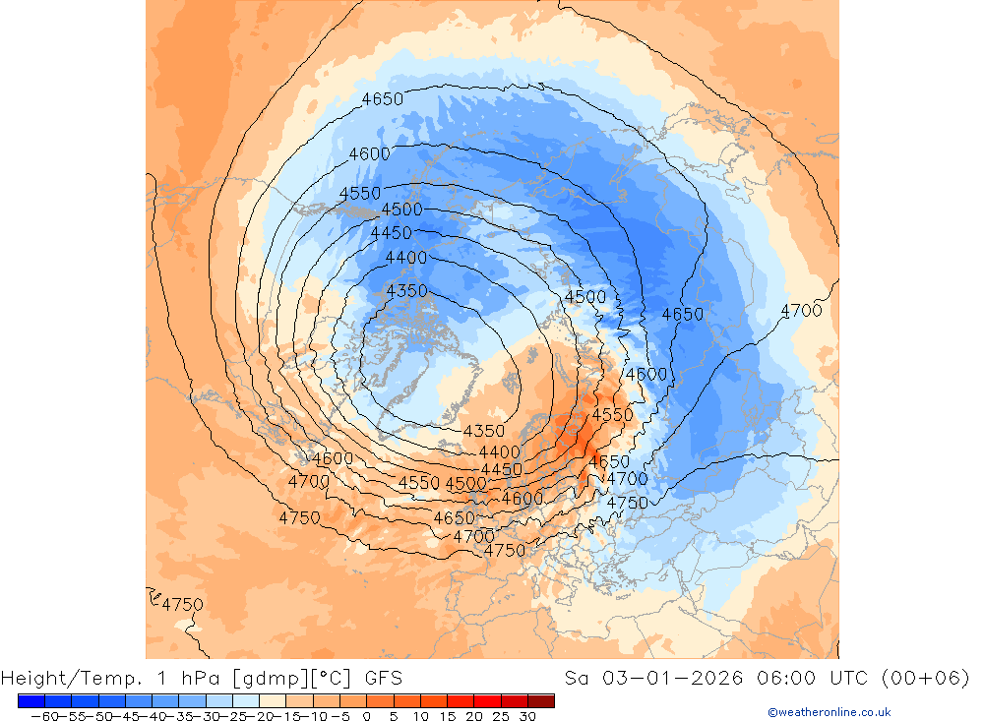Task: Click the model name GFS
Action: point(383,678)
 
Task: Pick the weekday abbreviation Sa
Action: point(579,678)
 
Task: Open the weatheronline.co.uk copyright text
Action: point(829,712)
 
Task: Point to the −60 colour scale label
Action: point(44,716)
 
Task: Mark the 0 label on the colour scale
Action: point(367,716)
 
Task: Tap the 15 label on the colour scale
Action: point(448,716)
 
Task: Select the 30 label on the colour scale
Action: point(528,716)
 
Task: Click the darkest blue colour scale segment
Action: point(31,700)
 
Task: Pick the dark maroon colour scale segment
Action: point(541,700)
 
